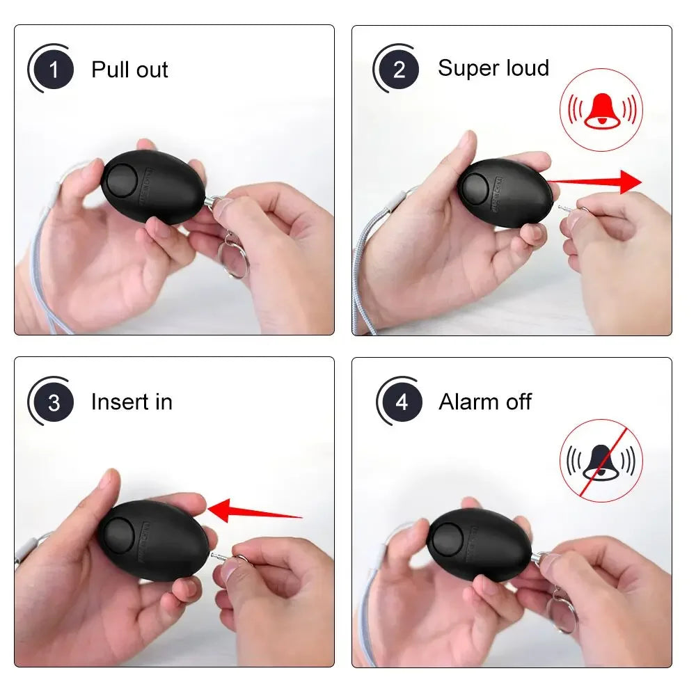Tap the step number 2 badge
coord(400,70)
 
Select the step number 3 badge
coord(54,402)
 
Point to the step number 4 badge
coord(402,402)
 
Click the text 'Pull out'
coord(129,70)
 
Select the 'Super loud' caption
coord(493,68)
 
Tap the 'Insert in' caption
coord(132,402)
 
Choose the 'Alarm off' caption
coord(484,402)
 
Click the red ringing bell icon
coord(601,110)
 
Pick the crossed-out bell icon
coord(601,460)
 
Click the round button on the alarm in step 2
coord(476,185)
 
